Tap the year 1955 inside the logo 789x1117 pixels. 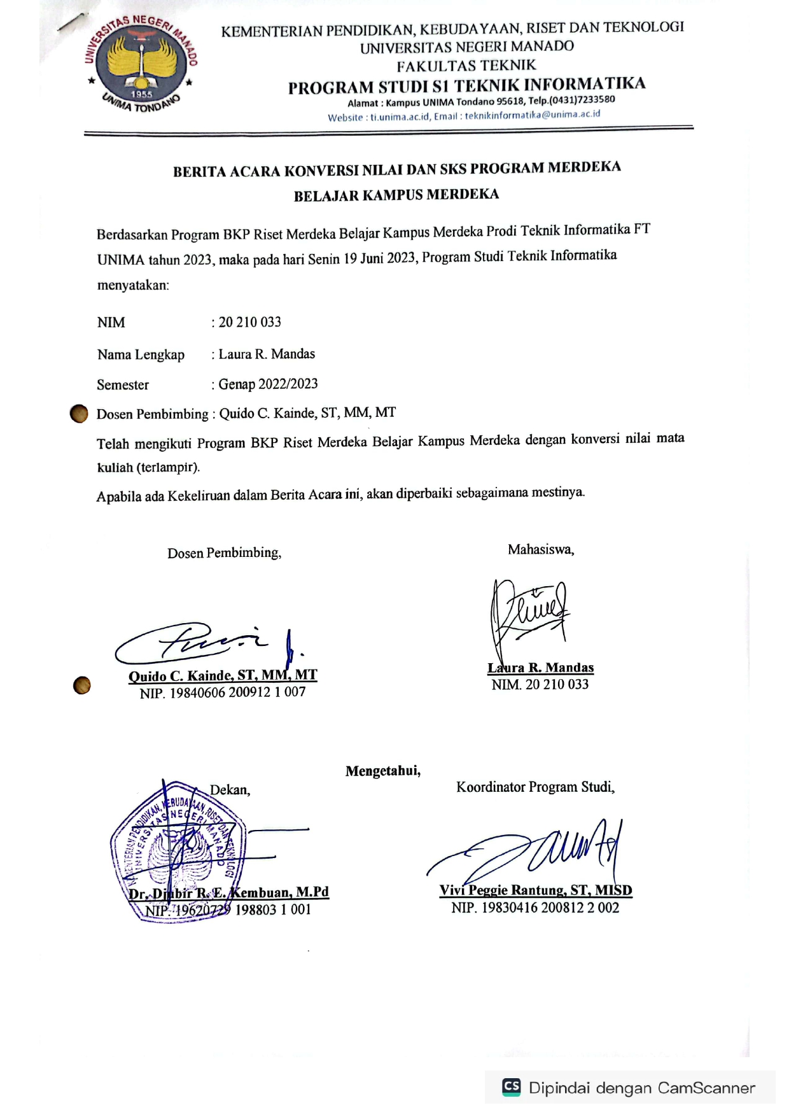141,94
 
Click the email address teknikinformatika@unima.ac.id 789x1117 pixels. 532,115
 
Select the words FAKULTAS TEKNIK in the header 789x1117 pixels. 466,66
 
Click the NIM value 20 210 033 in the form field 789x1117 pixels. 250,322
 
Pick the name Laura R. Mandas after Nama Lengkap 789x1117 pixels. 267,354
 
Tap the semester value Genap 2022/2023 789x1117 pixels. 268,384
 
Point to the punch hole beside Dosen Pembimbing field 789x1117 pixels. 79,414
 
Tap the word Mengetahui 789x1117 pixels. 382,771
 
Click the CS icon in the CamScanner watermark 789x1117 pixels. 512,1086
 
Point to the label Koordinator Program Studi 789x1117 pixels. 535,787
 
